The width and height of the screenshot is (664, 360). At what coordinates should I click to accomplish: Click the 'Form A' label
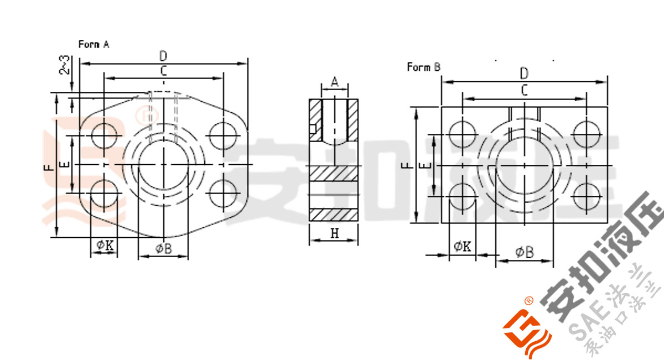click(x=94, y=44)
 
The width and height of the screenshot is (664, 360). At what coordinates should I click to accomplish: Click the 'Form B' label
click(x=423, y=67)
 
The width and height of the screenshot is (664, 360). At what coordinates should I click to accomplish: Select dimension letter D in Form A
click(x=163, y=56)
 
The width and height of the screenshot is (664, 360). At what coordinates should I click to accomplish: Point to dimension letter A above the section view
click(x=335, y=82)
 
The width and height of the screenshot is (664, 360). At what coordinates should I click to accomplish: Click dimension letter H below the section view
click(x=335, y=233)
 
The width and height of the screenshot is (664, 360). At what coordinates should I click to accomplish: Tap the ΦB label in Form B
click(x=524, y=252)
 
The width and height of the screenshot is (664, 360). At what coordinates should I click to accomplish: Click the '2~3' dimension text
click(x=65, y=65)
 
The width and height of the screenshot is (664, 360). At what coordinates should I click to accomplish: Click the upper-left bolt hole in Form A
click(x=105, y=135)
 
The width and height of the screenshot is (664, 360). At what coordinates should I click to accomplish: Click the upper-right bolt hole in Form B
click(x=587, y=134)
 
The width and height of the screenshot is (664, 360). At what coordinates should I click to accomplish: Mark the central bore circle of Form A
click(x=164, y=165)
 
